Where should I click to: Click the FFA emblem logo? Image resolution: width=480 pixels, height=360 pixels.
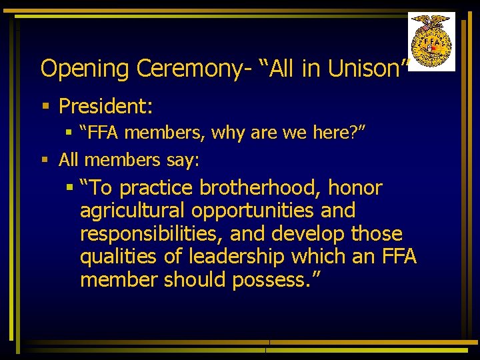point(431,41)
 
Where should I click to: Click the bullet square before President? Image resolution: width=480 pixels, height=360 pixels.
point(45,106)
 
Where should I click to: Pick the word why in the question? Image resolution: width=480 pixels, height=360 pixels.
point(229,133)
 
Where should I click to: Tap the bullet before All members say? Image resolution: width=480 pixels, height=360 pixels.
point(45,159)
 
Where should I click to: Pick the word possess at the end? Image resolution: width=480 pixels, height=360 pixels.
point(271,280)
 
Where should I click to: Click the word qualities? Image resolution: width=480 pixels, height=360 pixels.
point(115,257)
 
